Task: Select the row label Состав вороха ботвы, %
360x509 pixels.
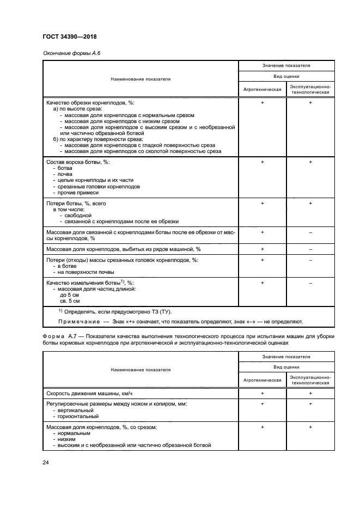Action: pos(78,162)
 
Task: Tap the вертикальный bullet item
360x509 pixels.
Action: pos(75,410)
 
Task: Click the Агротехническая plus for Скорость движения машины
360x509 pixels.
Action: pos(262,393)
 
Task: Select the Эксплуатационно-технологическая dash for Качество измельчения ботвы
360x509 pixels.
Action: pos(310,283)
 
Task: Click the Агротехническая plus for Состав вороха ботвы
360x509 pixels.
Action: pos(262,162)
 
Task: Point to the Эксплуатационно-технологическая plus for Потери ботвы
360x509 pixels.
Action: pos(310,203)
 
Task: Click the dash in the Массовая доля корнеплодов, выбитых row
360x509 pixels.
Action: pos(310,249)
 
